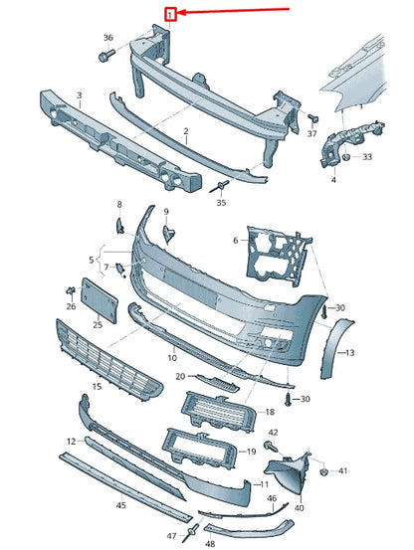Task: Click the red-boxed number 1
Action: (170, 14)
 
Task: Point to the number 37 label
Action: (311, 133)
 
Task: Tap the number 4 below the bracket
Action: (333, 180)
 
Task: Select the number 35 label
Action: (221, 202)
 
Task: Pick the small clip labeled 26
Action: (71, 290)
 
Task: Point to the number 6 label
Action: (237, 240)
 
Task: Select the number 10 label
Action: (171, 356)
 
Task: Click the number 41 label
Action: (343, 470)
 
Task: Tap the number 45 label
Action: (119, 504)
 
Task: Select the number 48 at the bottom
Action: (210, 544)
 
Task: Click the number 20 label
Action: (180, 377)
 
